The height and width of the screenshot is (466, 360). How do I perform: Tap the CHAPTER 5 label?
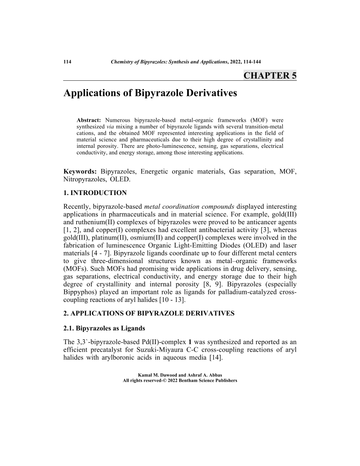click(x=270, y=75)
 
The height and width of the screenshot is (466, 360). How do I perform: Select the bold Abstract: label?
click(x=89, y=120)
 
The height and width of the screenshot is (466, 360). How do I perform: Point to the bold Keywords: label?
click(x=80, y=171)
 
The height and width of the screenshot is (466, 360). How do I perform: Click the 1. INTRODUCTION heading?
click(x=95, y=193)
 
